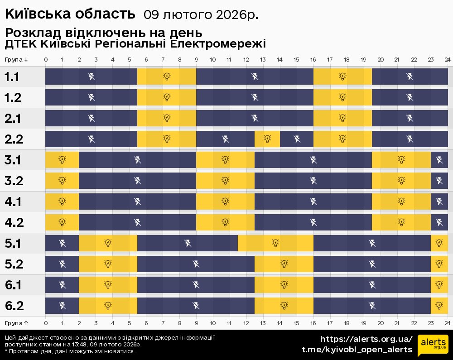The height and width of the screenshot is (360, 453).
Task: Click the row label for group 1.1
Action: point(12,77)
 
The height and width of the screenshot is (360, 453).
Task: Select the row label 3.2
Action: point(14,181)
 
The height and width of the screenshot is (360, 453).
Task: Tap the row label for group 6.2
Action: point(14,306)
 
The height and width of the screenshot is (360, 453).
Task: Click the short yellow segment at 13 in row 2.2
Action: point(267,139)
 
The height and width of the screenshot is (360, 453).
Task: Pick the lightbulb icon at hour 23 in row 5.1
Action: point(439,243)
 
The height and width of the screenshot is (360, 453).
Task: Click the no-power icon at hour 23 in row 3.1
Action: point(439,159)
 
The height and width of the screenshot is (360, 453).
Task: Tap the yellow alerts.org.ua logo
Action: point(433,346)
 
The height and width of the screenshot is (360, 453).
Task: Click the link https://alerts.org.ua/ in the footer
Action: point(366,339)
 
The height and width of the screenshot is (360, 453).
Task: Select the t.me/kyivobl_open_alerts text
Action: point(357,350)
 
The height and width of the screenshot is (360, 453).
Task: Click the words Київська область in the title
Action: point(70,14)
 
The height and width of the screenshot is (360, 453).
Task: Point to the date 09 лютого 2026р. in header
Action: point(201,15)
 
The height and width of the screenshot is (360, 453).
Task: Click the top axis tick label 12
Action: point(246,60)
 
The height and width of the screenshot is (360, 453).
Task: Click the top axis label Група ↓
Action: point(17,60)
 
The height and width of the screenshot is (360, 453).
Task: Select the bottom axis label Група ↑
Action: point(17,323)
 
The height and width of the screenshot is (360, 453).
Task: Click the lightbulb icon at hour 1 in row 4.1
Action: point(62,201)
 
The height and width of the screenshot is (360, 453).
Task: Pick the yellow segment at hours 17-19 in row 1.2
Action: point(342,97)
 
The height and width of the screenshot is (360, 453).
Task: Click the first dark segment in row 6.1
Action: point(62,285)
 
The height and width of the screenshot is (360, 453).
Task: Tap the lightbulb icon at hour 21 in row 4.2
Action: point(401,222)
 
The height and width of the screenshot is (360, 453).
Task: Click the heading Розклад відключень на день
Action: point(103,34)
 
